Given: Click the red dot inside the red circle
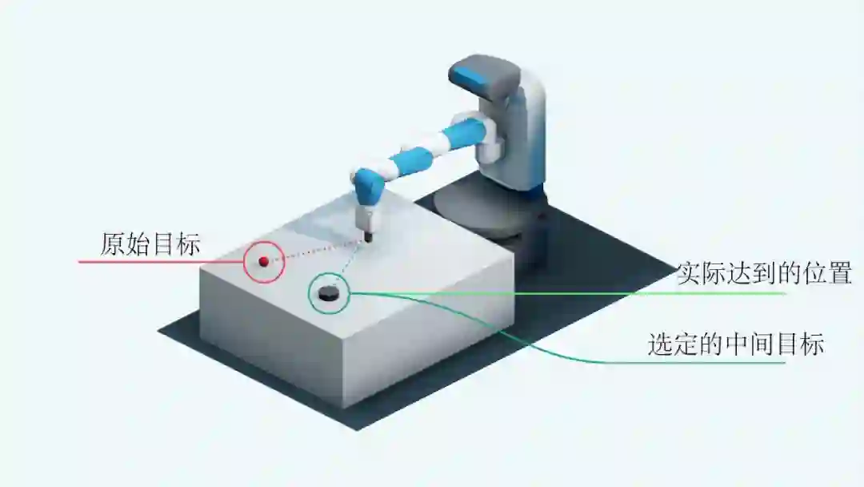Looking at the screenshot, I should tap(263, 260).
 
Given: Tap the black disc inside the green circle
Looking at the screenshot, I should tap(328, 294).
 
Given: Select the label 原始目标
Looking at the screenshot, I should tap(150, 243).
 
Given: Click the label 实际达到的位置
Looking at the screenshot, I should tap(764, 273).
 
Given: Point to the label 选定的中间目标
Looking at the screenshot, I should tap(735, 344).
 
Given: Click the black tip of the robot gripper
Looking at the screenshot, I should tap(370, 236).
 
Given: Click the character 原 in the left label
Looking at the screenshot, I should tap(113, 243).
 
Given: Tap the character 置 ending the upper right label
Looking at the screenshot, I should tap(839, 273).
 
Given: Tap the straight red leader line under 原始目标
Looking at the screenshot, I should tap(160, 262).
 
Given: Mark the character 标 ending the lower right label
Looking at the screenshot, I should tap(812, 344).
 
